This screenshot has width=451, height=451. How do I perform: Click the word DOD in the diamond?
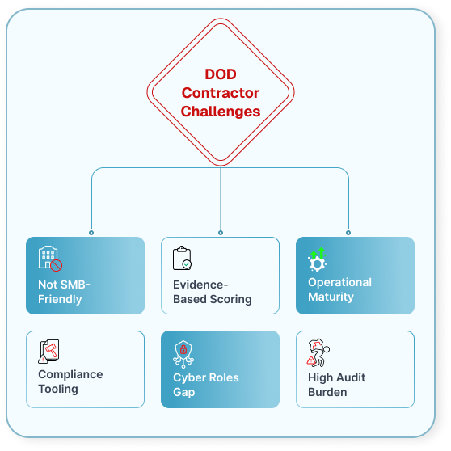tap(221, 75)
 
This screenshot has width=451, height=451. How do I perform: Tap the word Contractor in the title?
tap(221, 93)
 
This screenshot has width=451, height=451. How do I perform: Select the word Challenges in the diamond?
tap(221, 111)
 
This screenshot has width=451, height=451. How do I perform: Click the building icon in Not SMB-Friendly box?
tap(49, 258)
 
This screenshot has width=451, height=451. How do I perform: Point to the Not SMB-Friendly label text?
tap(64, 292)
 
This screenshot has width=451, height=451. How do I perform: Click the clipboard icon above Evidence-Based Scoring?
tap(182, 258)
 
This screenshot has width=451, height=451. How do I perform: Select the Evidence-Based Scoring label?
tap(212, 292)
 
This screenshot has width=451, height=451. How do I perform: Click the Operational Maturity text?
tap(339, 289)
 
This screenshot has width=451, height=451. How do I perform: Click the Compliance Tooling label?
tap(70, 381)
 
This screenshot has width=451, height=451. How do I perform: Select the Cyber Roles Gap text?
tap(206, 385)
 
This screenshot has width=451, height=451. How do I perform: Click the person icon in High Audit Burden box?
tap(319, 352)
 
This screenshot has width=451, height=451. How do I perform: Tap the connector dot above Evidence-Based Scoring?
tap(221, 233)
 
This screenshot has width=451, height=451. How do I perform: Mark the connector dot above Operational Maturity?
tap(349, 233)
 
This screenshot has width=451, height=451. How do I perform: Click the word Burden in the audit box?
tap(327, 392)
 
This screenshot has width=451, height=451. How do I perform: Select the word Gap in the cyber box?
tap(184, 392)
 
